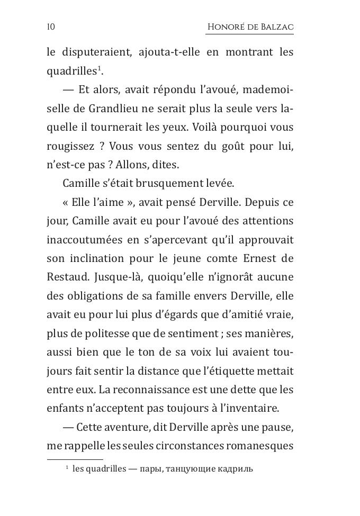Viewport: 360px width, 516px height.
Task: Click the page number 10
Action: point(51,27)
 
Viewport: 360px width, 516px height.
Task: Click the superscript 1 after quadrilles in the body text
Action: point(100,69)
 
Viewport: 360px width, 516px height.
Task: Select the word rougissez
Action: point(68,146)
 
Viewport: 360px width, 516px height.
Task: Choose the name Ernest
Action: point(259,258)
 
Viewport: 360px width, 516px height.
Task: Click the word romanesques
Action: point(259,446)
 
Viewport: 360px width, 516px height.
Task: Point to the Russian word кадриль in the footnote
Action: point(236,469)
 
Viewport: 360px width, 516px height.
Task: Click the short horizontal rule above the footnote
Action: point(75,459)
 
